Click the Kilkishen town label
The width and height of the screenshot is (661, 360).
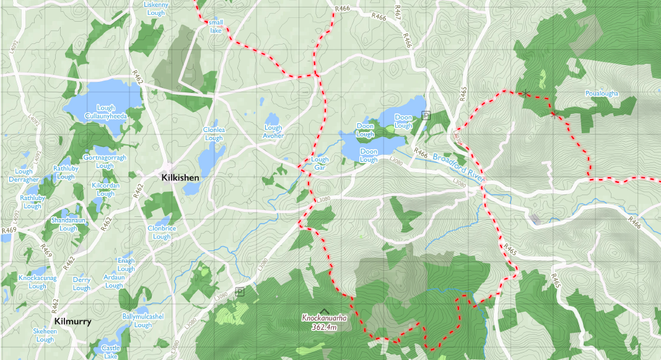pyautogui.click(x=180, y=178)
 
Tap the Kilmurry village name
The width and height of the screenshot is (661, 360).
pyautogui.click(x=72, y=322)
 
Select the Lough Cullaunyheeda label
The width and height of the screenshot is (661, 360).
pyautogui.click(x=106, y=112)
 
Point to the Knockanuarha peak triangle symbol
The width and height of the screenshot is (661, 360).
pyautogui.click(x=323, y=310)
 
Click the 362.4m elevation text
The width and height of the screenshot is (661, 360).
pyautogui.click(x=323, y=327)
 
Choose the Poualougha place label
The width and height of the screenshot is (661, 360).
pyautogui.click(x=601, y=94)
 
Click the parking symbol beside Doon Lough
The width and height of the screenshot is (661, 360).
pyautogui.click(x=426, y=115)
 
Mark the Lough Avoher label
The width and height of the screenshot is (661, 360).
pyautogui.click(x=273, y=131)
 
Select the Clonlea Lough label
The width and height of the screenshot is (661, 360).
pyautogui.click(x=214, y=134)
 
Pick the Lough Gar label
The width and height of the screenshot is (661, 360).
pyautogui.click(x=320, y=164)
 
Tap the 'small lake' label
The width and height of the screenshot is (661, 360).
pyautogui.click(x=216, y=27)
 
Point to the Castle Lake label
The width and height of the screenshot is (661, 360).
pyautogui.click(x=111, y=352)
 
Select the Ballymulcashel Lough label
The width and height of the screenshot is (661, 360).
pyautogui.click(x=143, y=320)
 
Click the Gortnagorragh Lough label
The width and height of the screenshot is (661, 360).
pyautogui.click(x=105, y=162)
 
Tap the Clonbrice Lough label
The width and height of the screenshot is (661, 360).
pyautogui.click(x=162, y=232)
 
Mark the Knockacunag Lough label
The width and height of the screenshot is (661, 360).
pyautogui.click(x=37, y=282)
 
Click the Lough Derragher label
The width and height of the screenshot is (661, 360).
pyautogui.click(x=24, y=175)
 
